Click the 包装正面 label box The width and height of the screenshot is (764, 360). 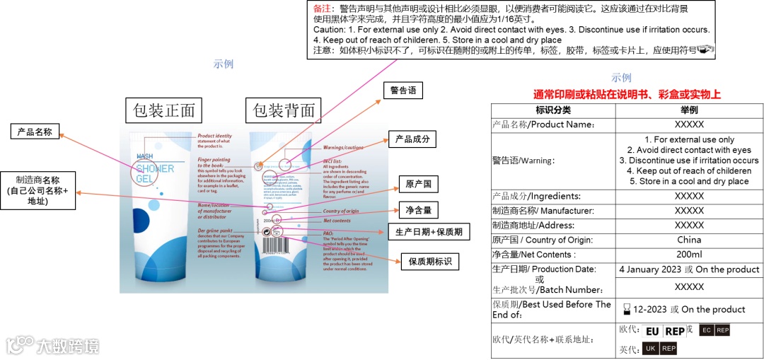click(164, 110)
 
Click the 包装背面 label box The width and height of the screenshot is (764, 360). click(284, 110)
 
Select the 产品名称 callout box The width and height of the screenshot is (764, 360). click(35, 132)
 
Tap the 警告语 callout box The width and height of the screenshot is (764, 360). click(403, 91)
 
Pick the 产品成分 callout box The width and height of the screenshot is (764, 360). click(412, 139)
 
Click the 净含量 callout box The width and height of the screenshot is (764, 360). click(418, 211)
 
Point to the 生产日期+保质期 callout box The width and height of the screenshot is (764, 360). click(429, 232)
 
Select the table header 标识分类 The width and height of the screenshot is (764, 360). click(553, 110)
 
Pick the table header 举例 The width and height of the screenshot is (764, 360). click(689, 110)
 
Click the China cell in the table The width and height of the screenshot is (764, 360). click(689, 240)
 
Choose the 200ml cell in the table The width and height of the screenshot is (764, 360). click(689, 255)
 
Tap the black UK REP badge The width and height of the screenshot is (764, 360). click(659, 349)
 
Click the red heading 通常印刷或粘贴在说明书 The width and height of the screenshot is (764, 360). click(627, 94)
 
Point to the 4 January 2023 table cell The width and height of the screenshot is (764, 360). click(689, 269)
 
